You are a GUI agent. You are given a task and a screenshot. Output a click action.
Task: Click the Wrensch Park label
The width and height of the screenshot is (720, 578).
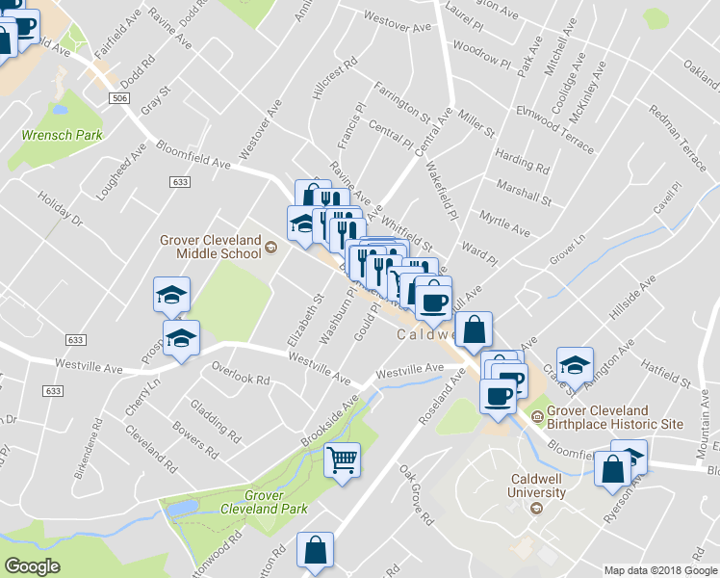62,136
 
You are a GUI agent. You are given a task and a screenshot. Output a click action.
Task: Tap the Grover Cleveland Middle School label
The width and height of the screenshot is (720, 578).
211,246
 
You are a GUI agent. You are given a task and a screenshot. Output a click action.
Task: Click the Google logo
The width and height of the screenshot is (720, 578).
32,566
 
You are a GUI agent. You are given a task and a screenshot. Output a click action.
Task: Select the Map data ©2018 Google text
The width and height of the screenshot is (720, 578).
660,570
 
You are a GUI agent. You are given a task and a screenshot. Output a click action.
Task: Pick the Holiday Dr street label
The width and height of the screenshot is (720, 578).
62,210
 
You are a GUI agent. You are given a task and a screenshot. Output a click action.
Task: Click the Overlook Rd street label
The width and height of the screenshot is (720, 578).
240,374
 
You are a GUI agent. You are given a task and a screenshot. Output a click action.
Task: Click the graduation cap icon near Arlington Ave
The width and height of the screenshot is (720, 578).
575,365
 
